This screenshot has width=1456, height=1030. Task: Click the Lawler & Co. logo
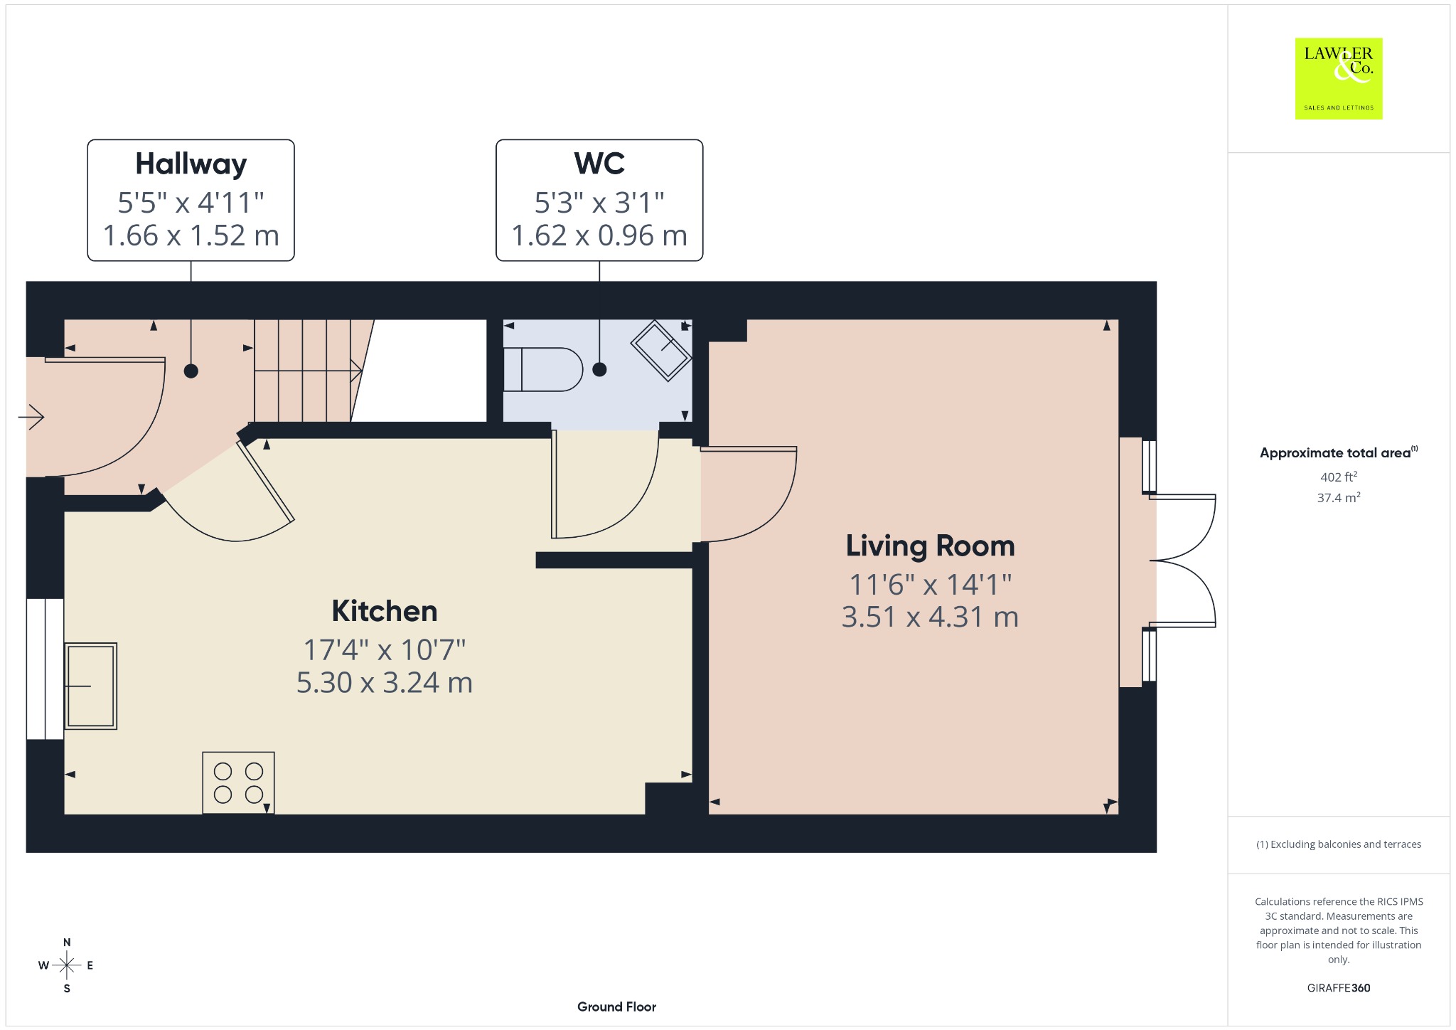(1339, 78)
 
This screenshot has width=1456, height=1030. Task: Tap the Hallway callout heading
(191, 164)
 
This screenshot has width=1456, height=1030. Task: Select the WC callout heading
(599, 164)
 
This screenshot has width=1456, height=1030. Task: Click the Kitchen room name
(385, 611)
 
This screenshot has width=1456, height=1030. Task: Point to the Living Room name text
(930, 546)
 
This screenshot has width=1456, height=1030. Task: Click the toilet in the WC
(542, 369)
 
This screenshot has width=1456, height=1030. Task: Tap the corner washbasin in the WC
(661, 351)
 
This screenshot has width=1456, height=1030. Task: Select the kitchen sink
(90, 686)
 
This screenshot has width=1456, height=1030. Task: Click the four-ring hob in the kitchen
(238, 782)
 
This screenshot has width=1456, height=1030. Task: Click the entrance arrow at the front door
(31, 416)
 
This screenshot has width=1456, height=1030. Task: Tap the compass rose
(67, 965)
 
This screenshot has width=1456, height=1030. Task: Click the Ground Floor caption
(616, 1007)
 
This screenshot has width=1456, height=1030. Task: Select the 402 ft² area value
(1339, 477)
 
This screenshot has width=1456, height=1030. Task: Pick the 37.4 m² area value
(1339, 497)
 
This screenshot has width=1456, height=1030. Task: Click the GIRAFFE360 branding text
(1339, 988)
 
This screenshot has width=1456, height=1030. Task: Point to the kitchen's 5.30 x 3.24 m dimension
(385, 683)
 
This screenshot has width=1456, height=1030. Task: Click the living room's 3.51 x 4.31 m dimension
(930, 617)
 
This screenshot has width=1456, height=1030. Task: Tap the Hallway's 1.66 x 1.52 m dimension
(191, 235)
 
